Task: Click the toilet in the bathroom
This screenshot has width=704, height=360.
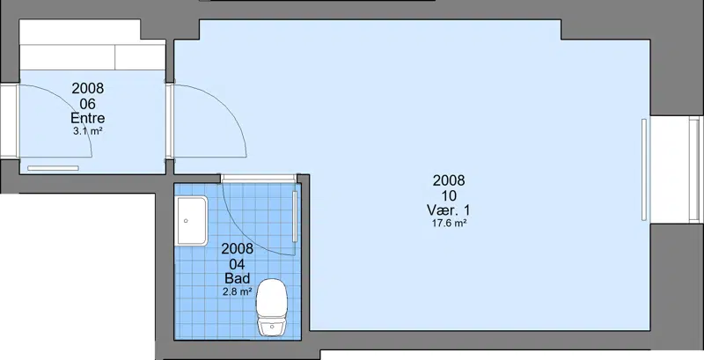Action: pyautogui.click(x=272, y=307)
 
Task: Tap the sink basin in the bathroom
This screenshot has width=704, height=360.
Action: pyautogui.click(x=192, y=221)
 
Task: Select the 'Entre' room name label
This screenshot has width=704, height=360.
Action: pyautogui.click(x=87, y=118)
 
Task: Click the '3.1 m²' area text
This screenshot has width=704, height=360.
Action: pyautogui.click(x=87, y=131)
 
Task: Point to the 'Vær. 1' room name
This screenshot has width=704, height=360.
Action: pyautogui.click(x=449, y=210)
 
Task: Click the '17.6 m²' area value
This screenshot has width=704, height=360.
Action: pyautogui.click(x=449, y=223)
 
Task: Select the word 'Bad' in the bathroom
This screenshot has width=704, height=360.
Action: pyautogui.click(x=237, y=278)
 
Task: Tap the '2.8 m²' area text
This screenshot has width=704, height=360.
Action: pyautogui.click(x=237, y=291)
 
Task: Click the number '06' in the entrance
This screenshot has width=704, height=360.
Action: pyautogui.click(x=87, y=104)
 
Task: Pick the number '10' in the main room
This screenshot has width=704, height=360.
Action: pyautogui.click(x=449, y=195)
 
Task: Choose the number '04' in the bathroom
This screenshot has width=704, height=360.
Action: pyautogui.click(x=237, y=263)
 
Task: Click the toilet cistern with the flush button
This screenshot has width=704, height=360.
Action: pyautogui.click(x=272, y=327)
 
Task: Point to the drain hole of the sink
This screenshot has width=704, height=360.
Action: pyautogui.click(x=186, y=221)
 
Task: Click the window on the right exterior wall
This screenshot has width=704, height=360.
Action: pyautogui.click(x=694, y=170)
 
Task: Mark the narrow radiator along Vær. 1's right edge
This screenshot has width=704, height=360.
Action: pyautogui.click(x=644, y=170)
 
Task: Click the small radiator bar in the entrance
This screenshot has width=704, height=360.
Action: pyautogui.click(x=53, y=168)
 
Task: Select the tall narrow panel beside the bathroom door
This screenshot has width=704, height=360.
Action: pyautogui.click(x=295, y=217)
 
